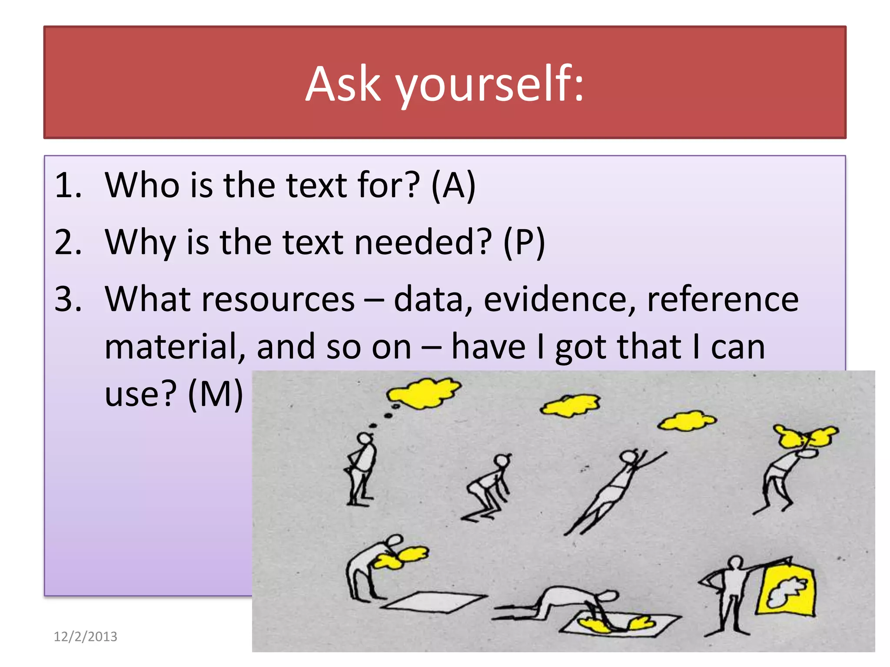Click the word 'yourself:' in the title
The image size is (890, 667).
coord(489,84)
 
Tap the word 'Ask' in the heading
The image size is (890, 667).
coord(343,84)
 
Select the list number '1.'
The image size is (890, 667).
coord(68,185)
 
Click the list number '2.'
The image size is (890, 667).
coord(68,242)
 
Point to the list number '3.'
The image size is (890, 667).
coord(68,299)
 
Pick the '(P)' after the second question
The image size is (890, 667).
coord(524,242)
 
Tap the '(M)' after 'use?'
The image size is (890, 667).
coord(216,394)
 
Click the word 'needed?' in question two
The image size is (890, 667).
coord(423,242)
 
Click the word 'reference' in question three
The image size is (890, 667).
coord(723,299)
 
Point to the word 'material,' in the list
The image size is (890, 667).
coord(174,347)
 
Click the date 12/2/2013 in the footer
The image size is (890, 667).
coord(86,637)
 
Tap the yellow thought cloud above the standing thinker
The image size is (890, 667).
coord(423,393)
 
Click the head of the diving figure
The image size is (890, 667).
coord(628,457)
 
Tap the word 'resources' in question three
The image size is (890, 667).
coord(278,299)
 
